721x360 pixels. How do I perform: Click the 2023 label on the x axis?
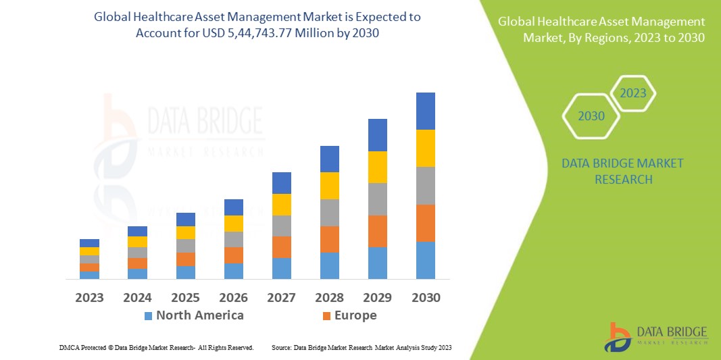click(89, 297)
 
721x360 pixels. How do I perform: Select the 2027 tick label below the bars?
click(282, 297)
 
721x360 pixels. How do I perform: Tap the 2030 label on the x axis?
click(426, 297)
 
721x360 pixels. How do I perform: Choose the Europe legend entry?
click(355, 315)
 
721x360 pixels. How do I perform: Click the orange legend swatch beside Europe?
click(327, 316)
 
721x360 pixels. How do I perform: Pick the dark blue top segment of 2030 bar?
click(426, 111)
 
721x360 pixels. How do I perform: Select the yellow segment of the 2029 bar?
click(378, 167)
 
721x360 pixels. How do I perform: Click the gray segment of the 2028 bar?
click(330, 212)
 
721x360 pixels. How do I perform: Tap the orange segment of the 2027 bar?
click(282, 247)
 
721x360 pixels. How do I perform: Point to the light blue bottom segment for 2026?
click(234, 271)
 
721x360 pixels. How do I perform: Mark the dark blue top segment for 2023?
click(89, 243)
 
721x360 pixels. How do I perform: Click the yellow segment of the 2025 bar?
click(186, 232)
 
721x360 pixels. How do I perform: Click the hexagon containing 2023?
click(633, 93)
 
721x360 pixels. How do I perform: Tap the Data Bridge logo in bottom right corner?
click(655, 336)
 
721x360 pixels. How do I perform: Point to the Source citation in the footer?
click(361, 347)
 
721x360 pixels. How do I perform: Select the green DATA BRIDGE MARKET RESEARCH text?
click(622, 171)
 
